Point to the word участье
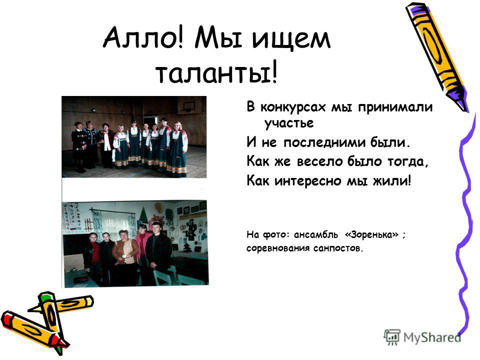coord(289,123)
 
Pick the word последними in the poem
coord(324,142)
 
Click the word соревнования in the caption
coord(278,248)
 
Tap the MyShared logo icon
coord(392,337)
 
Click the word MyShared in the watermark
coord(432,337)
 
